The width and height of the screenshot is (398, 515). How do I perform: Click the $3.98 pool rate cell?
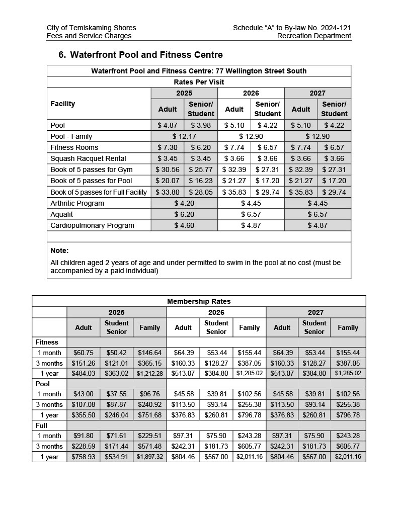201,125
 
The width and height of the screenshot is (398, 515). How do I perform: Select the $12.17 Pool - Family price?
184,136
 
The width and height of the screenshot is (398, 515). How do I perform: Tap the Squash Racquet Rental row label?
88,158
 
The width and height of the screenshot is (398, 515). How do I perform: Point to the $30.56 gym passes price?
168,169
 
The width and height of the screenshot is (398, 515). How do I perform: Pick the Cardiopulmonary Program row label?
92,225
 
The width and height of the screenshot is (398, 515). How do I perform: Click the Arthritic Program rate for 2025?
184,203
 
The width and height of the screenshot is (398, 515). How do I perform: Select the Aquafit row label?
62,214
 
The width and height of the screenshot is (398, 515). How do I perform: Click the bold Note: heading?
59,250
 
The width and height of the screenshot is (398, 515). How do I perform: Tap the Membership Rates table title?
199,301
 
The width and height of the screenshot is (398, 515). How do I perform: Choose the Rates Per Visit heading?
199,82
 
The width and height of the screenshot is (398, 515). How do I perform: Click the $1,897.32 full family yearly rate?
149,457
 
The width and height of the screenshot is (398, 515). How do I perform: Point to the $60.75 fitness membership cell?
83,353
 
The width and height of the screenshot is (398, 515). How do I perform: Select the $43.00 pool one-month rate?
83,394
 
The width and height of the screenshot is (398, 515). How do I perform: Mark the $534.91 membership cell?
116,457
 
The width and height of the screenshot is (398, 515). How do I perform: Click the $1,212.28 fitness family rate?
149,373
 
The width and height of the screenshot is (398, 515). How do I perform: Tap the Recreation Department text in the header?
314,36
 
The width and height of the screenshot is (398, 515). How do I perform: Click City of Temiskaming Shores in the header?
91,28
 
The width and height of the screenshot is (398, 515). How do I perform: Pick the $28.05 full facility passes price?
201,192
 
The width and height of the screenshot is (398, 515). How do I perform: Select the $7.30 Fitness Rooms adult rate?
168,147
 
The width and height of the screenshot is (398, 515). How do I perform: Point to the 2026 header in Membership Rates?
216,312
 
